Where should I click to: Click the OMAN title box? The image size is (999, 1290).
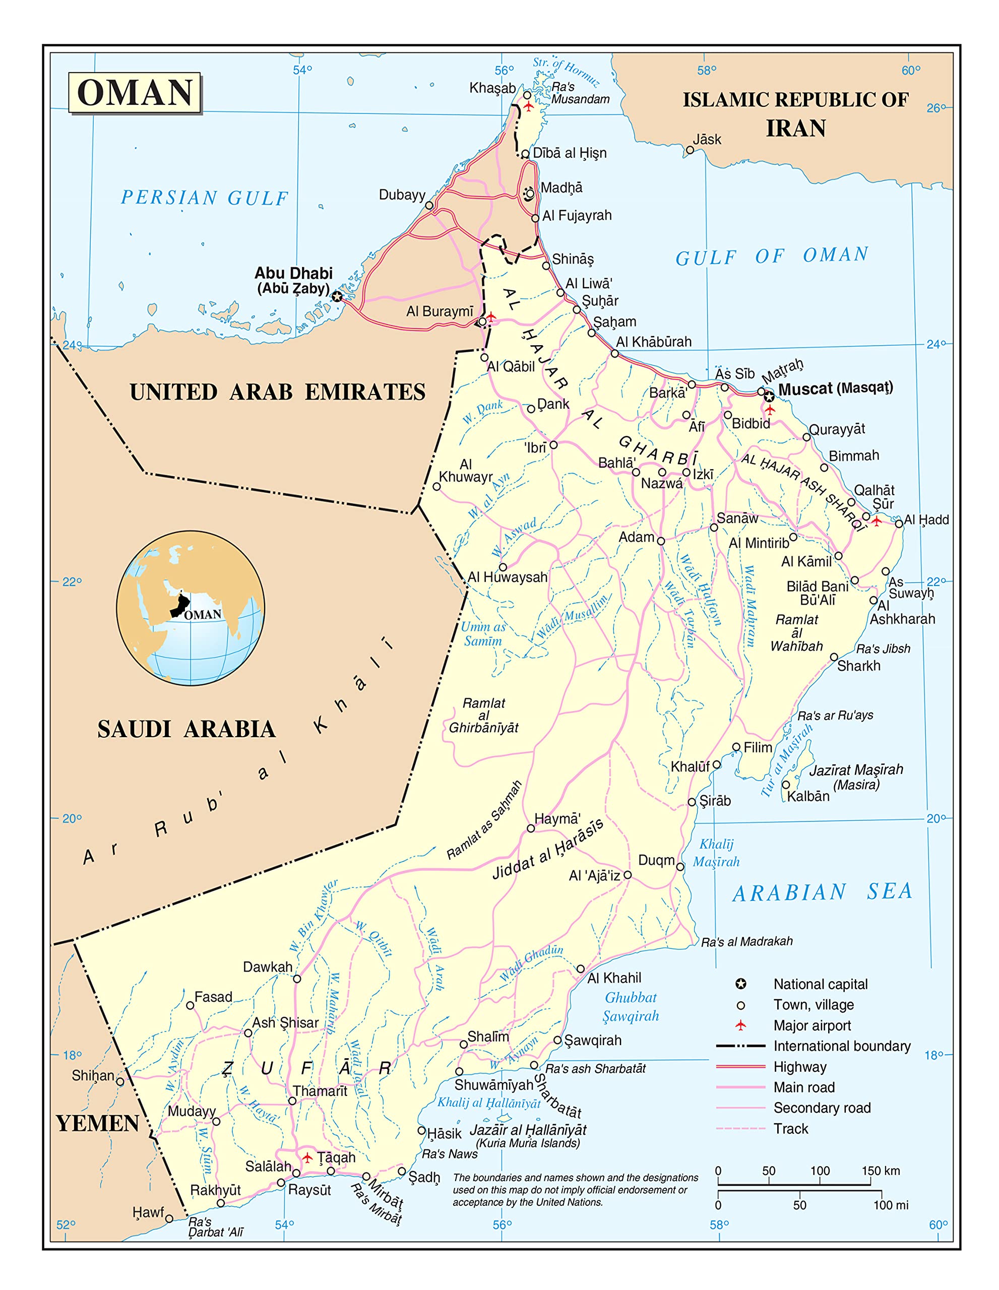135,93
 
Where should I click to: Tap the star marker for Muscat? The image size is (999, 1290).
769,397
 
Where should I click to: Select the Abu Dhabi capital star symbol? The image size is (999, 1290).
337,296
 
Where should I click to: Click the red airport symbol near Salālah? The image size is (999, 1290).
307,1157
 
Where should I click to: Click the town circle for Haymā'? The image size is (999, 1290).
531,829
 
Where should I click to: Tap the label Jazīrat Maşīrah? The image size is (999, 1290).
856,770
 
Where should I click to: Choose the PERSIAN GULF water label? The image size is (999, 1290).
205,198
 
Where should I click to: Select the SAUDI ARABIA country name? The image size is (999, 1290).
186,730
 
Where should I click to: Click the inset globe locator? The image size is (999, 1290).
190,608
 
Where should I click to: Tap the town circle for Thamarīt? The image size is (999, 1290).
292,1101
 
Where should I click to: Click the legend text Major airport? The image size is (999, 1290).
813,1025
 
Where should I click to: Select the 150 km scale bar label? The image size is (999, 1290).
880,1171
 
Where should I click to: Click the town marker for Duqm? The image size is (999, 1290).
680,867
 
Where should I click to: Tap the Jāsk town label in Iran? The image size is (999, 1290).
707,140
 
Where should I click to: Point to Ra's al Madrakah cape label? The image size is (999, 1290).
747,941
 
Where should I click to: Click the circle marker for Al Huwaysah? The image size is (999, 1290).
503,567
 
